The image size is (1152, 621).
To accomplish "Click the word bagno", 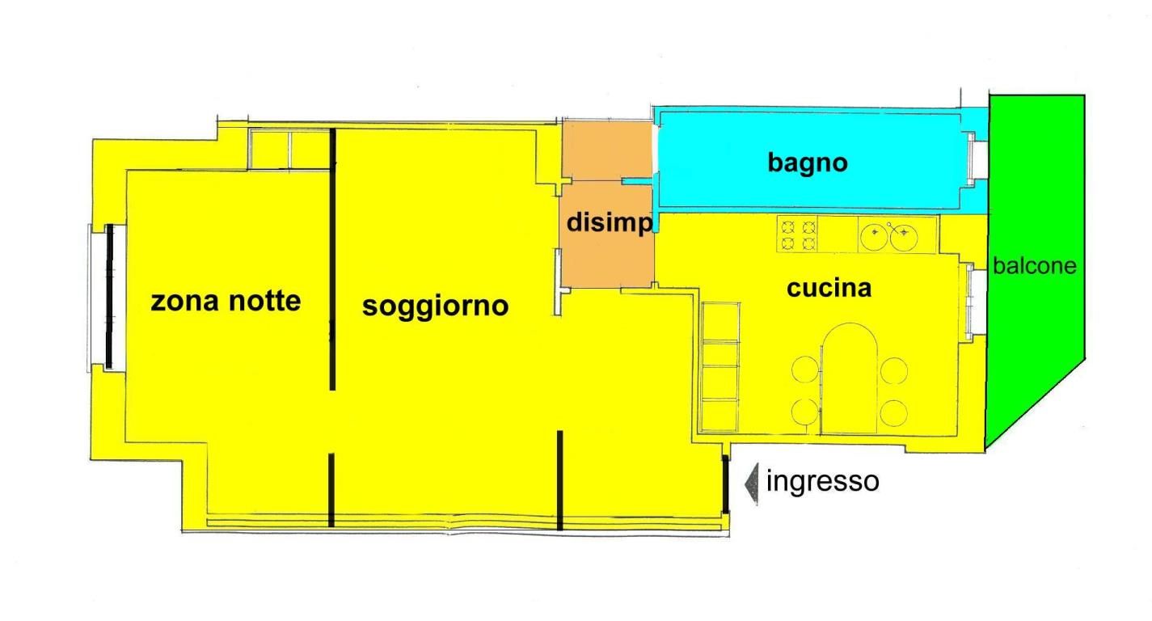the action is pyautogui.click(x=808, y=163).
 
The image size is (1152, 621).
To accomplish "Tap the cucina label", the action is pyautogui.click(x=829, y=288).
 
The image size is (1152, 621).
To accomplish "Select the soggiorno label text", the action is pyautogui.click(x=435, y=307).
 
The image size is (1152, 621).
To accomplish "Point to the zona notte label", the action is pyautogui.click(x=226, y=301).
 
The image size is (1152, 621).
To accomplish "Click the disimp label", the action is pyautogui.click(x=609, y=222).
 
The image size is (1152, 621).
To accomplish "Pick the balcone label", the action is pyautogui.click(x=1034, y=266).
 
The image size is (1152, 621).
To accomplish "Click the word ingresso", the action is pyautogui.click(x=822, y=482).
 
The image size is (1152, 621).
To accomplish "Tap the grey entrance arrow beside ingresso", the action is pyautogui.click(x=752, y=484).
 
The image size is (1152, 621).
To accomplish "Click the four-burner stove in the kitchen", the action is pyautogui.click(x=796, y=234).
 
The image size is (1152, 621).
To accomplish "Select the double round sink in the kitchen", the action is pyautogui.click(x=897, y=234).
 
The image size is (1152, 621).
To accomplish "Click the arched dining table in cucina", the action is pyautogui.click(x=849, y=378).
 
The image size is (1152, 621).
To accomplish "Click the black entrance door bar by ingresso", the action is pyautogui.click(x=725, y=484).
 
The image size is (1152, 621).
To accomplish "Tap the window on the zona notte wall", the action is pyautogui.click(x=107, y=297).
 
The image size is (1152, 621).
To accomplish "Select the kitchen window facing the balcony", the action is pyautogui.click(x=976, y=302).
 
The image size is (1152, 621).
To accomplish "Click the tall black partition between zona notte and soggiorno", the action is pyautogui.click(x=332, y=260).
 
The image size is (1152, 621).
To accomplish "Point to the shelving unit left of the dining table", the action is pyautogui.click(x=720, y=367).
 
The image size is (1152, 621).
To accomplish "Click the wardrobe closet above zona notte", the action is pyautogui.click(x=289, y=150).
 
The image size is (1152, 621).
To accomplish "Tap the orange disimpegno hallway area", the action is pyautogui.click(x=607, y=204).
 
